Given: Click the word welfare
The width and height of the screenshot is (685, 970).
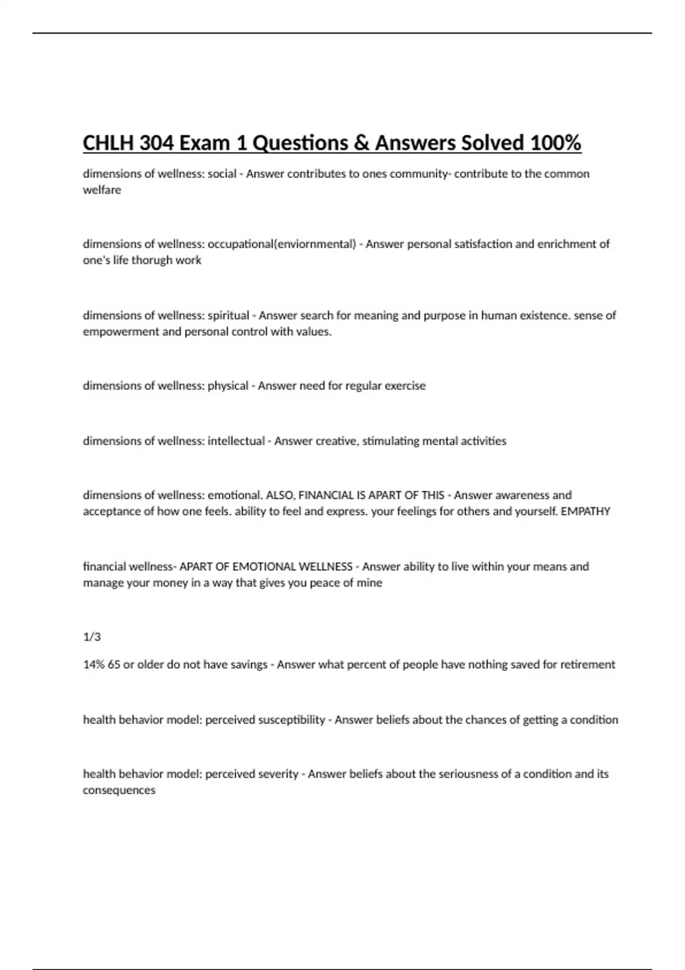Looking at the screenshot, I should click(102, 190).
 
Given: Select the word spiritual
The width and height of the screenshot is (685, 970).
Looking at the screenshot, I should click(228, 316).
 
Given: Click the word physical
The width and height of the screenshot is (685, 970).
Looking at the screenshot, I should click(228, 386).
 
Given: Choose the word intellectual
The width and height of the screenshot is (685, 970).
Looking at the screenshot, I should click(236, 441).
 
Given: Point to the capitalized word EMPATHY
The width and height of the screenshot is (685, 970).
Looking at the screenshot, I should click(586, 511).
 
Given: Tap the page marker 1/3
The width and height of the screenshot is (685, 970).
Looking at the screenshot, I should click(92, 637).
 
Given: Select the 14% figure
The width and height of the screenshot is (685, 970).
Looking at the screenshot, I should click(94, 665).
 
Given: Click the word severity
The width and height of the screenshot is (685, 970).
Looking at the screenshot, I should click(279, 774).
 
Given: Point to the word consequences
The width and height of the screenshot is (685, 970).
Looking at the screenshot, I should click(119, 790).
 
